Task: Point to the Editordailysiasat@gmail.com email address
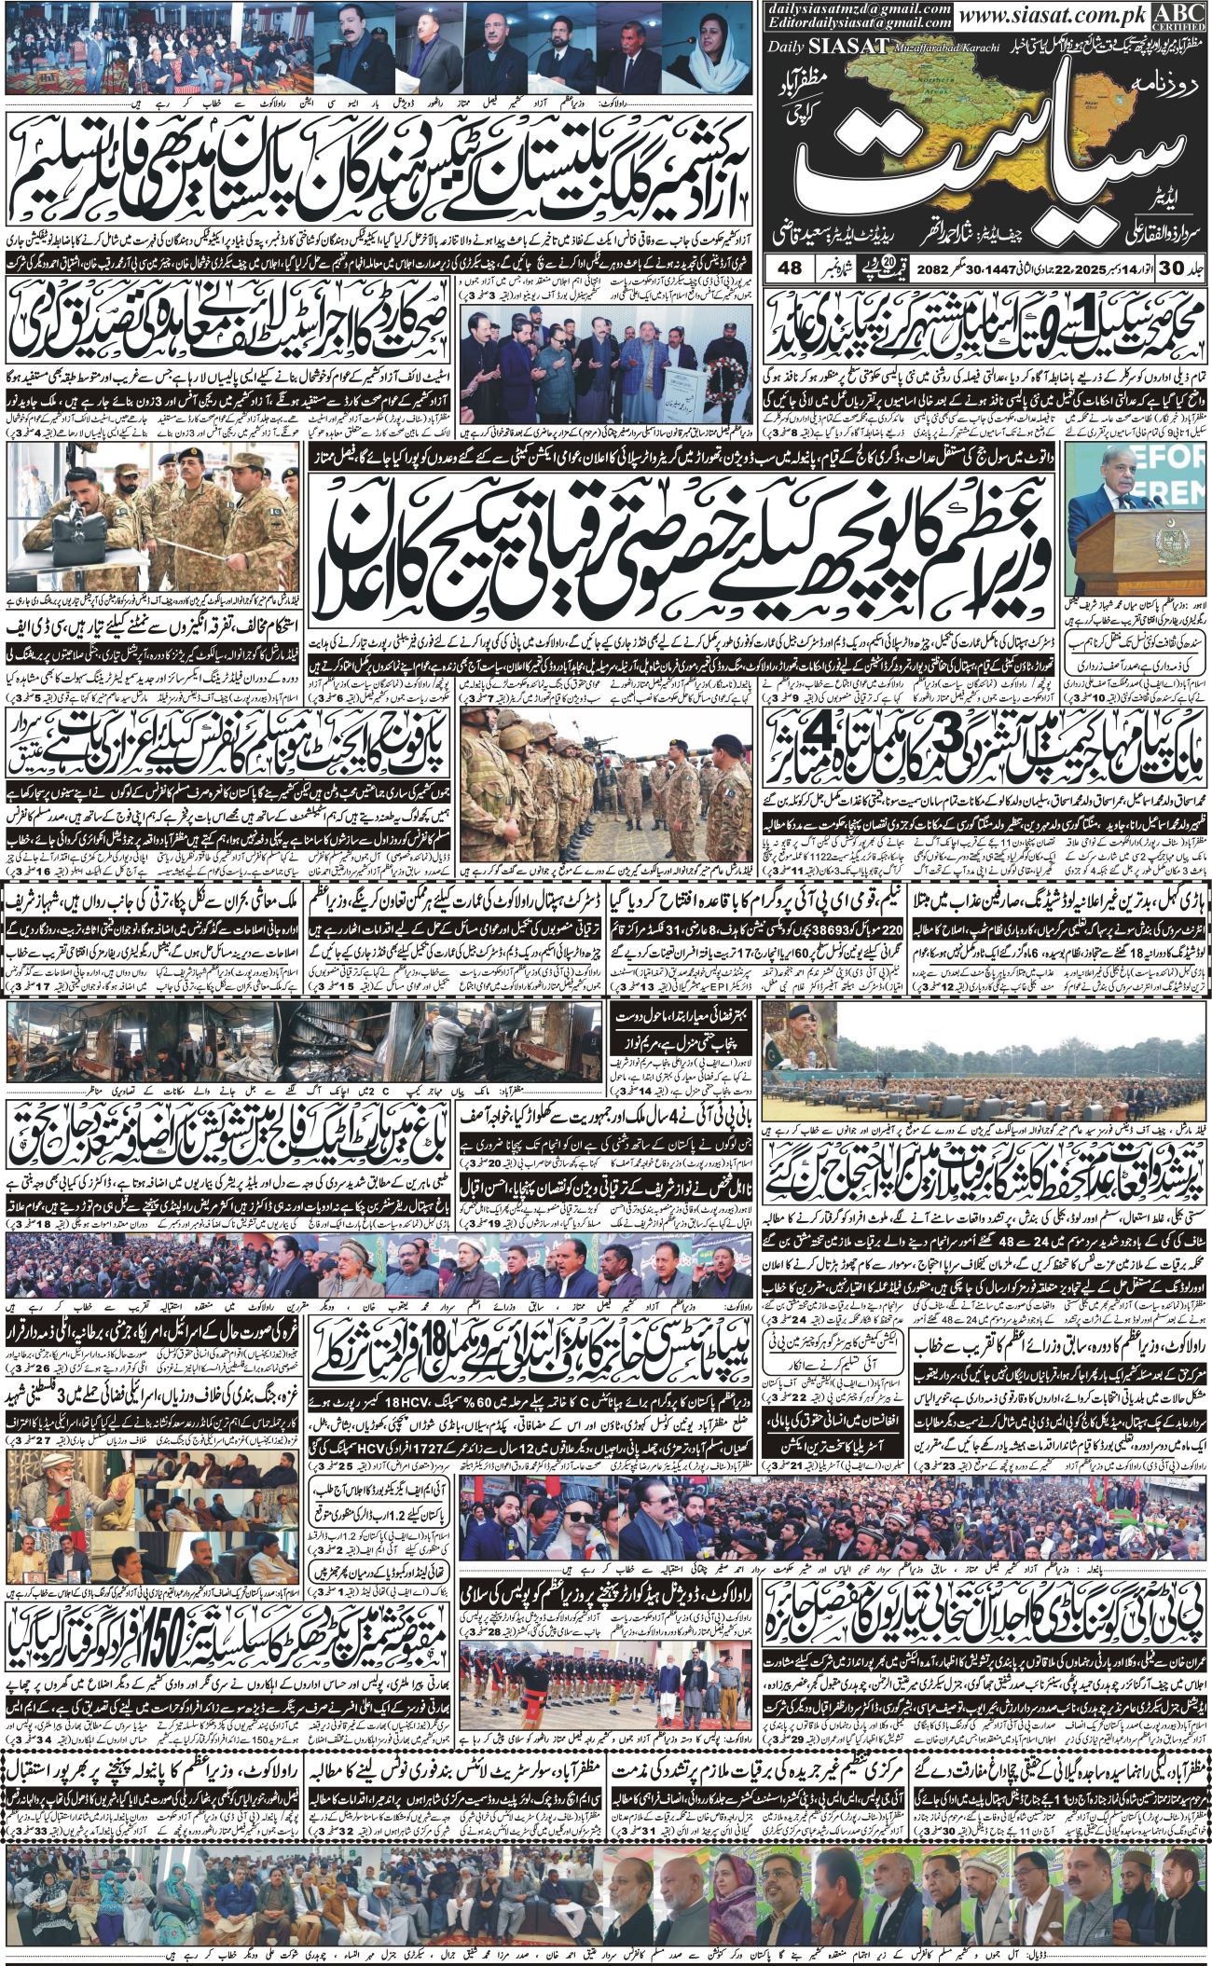(861, 22)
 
